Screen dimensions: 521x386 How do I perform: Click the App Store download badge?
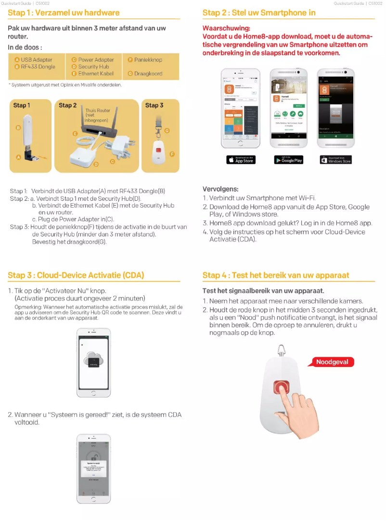pyautogui.click(x=241, y=160)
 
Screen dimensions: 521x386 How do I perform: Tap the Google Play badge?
pyautogui.click(x=289, y=160)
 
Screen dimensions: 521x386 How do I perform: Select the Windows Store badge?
pyautogui.click(x=336, y=160)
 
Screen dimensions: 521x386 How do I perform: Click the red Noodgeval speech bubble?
pyautogui.click(x=332, y=362)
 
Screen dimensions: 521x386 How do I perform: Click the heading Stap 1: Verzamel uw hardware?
pyautogui.click(x=64, y=13)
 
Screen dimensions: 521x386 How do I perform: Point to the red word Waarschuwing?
pyautogui.click(x=226, y=28)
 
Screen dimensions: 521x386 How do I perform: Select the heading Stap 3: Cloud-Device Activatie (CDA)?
pyautogui.click(x=76, y=275)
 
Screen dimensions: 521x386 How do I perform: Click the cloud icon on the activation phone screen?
pyautogui.click(x=93, y=359)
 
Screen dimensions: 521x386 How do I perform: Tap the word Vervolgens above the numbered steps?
pyautogui.click(x=220, y=189)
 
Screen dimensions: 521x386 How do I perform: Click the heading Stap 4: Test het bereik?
pyautogui.click(x=276, y=275)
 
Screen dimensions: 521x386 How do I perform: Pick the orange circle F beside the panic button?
pyautogui.click(x=172, y=154)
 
